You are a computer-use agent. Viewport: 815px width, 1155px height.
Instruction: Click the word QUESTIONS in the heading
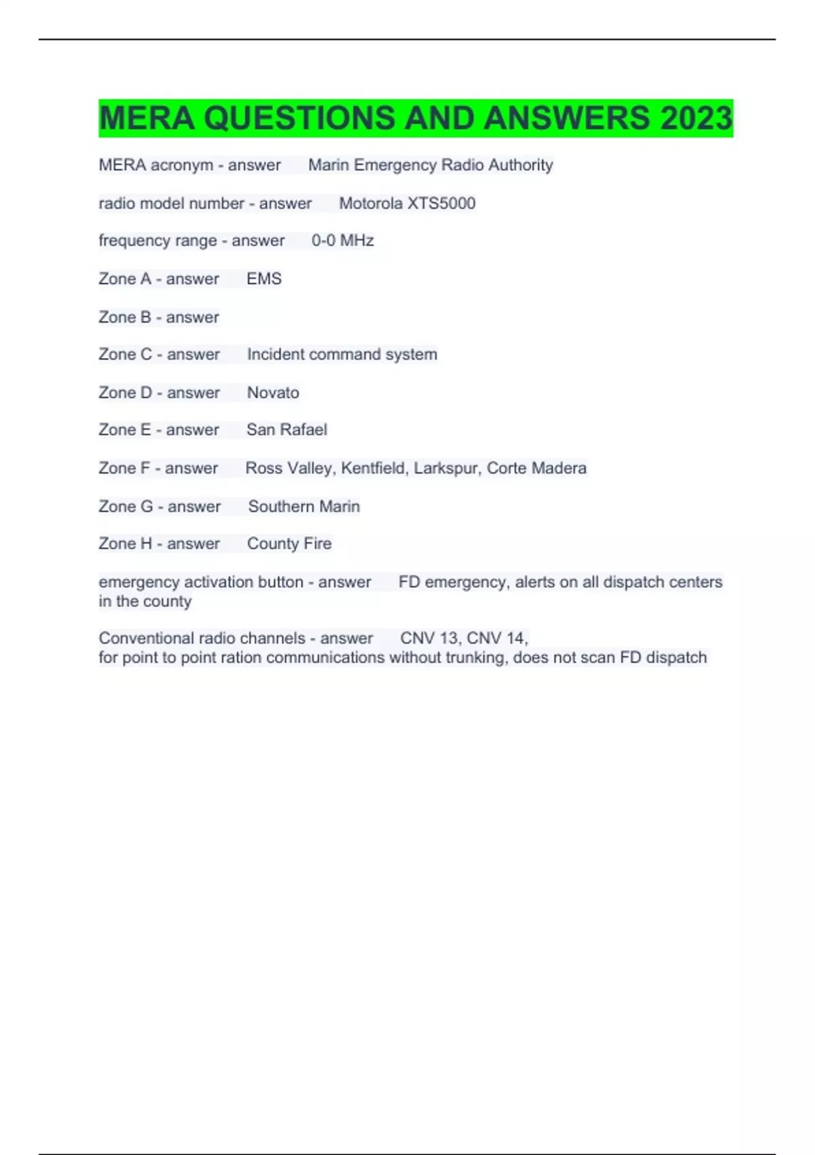(x=299, y=118)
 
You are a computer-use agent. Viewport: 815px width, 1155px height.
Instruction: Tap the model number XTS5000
(x=441, y=203)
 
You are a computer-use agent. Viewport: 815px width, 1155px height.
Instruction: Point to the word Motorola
(x=370, y=203)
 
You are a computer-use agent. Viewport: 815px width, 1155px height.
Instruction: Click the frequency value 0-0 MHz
(x=342, y=241)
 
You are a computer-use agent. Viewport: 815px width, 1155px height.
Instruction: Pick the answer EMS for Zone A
(x=264, y=279)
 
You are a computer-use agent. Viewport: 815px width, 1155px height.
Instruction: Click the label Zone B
(x=124, y=317)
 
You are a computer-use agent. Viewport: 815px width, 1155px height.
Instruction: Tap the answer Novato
(x=272, y=393)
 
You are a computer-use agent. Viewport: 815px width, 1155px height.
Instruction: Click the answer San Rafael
(x=287, y=430)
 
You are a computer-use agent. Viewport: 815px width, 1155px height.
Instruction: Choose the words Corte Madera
(x=537, y=468)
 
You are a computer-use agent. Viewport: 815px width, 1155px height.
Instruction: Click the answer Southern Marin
(x=304, y=506)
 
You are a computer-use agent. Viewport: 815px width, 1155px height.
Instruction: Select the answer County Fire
(x=289, y=544)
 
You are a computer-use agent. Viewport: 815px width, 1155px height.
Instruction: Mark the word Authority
(x=520, y=165)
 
